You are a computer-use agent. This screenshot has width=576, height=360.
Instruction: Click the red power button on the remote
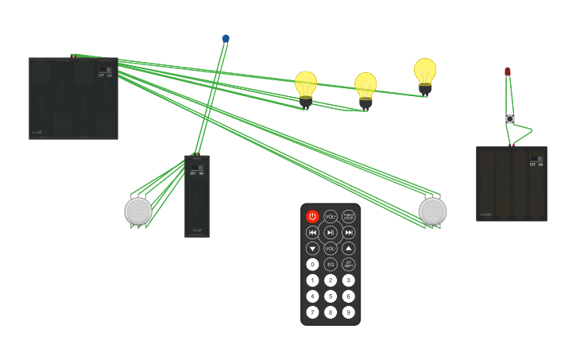pyautogui.click(x=312, y=216)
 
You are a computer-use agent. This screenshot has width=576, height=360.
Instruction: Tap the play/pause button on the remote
pyautogui.click(x=331, y=232)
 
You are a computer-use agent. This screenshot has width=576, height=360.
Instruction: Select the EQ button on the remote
pyautogui.click(x=331, y=264)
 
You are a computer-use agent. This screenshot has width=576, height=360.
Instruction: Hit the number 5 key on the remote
pyautogui.click(x=331, y=296)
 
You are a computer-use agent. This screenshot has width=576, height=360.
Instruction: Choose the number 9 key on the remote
pyautogui.click(x=348, y=312)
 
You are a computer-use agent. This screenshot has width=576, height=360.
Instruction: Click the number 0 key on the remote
pyautogui.click(x=312, y=264)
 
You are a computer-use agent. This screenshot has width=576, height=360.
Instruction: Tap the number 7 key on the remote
pyautogui.click(x=312, y=312)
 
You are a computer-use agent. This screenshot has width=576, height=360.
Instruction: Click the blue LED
pyautogui.click(x=226, y=38)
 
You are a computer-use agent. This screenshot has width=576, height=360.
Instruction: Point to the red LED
pyautogui.click(x=508, y=72)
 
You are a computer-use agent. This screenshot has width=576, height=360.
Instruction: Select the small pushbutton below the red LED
pyautogui.click(x=510, y=119)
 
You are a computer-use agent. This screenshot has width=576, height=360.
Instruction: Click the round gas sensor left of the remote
pyautogui.click(x=138, y=211)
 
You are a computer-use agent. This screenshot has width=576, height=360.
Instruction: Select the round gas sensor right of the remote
pyautogui.click(x=432, y=211)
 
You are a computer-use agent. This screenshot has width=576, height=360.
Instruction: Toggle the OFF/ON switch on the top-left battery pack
pyautogui.click(x=105, y=71)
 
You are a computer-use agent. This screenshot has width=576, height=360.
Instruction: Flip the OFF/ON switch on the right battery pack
pyautogui.click(x=536, y=160)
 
